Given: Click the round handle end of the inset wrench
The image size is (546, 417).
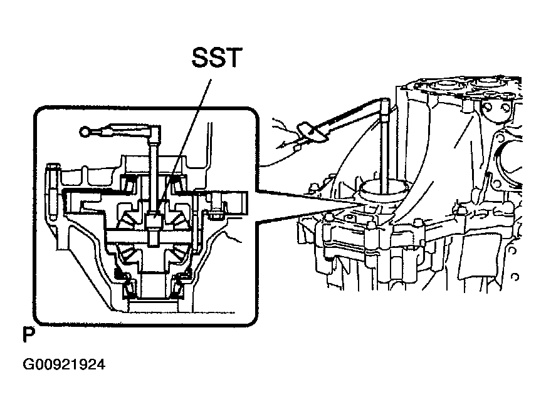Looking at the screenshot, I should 86,131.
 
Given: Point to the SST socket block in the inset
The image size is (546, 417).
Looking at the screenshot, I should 152,221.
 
